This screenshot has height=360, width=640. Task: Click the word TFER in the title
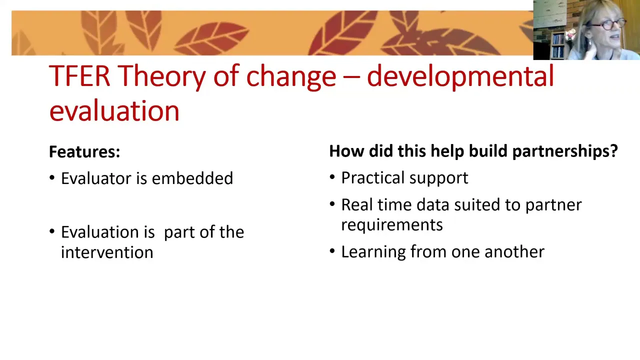coord(79,75)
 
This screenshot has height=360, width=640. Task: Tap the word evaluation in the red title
coord(114,110)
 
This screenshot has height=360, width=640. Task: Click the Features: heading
coord(84,151)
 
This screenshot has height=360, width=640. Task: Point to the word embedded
coord(192,178)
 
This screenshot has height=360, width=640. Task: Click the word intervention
coord(107,252)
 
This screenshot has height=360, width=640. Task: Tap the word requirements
coord(392,225)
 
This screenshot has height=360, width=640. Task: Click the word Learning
coord(373,252)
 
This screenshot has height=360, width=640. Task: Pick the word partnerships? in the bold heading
coord(565,151)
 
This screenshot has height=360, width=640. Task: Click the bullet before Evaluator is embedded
coord(52,177)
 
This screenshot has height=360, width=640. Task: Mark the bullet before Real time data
coord(332,204)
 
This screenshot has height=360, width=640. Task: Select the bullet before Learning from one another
coord(332,251)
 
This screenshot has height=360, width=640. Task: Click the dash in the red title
coord(351,77)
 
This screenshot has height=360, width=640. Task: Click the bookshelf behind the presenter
coord(557,45)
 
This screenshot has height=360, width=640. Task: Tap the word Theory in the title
coord(161,76)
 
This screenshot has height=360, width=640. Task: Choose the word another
coord(514,251)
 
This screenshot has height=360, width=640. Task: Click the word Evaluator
coord(96,178)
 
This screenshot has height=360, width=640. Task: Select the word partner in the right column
coord(553,205)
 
